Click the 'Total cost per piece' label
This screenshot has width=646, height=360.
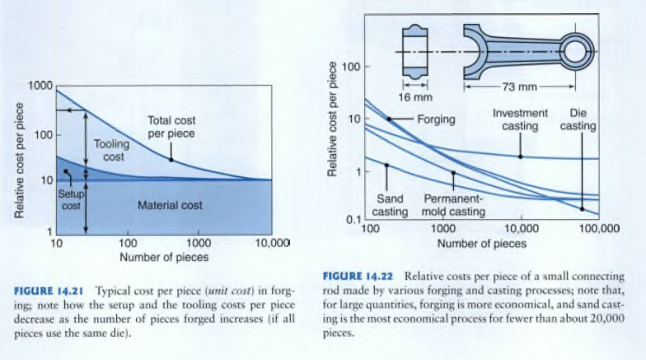[x=171, y=126]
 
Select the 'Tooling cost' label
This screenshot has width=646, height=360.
[x=111, y=149]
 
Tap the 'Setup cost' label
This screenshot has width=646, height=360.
[x=71, y=199]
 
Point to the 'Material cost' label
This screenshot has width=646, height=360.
[x=171, y=205]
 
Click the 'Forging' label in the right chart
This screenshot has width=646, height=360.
[x=436, y=119]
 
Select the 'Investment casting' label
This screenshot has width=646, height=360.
[x=520, y=119]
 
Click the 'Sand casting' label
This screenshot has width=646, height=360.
[x=389, y=205]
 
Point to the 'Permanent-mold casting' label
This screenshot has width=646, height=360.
[x=453, y=205]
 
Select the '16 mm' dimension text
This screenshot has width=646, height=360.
[x=412, y=97]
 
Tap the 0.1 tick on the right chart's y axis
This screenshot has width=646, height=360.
[x=352, y=219]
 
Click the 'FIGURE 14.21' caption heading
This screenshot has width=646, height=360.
[x=50, y=292]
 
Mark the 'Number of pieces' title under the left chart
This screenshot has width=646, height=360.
[x=164, y=257]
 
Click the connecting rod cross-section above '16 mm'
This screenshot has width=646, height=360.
[x=412, y=51]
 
